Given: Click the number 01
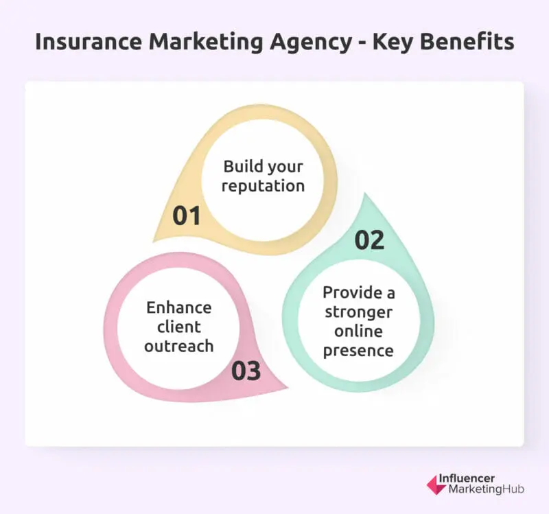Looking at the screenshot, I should click(186, 215).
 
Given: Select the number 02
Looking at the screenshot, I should click(369, 240).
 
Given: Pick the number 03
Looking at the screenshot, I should click(246, 371).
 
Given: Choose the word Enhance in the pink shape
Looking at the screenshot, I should click(178, 307).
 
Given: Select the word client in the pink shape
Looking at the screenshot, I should click(163, 327).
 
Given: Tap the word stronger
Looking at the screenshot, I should click(360, 312).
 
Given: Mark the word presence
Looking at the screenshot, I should click(360, 351).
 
